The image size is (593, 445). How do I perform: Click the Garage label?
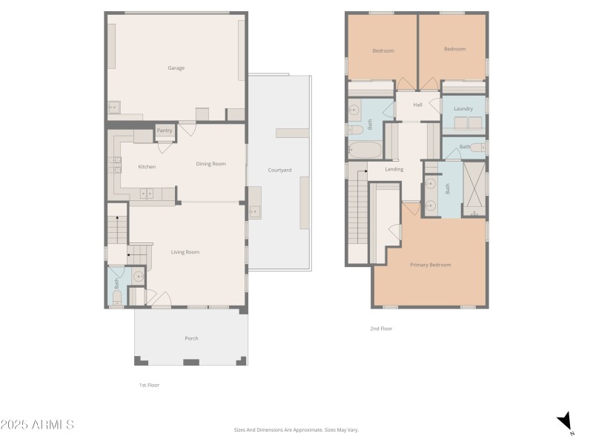[x=176, y=68]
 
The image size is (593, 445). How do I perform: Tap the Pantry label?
[x=164, y=131]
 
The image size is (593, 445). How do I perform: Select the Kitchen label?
[x=147, y=167]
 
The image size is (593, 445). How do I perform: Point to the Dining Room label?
[x=211, y=164]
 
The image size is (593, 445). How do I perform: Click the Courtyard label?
[x=279, y=171]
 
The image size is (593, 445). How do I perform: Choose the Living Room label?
[x=185, y=252]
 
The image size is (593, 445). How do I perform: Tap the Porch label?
[x=191, y=338]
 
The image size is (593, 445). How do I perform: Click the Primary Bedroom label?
[x=430, y=265]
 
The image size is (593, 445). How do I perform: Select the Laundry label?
[x=463, y=110]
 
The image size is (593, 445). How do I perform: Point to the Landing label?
[x=394, y=170]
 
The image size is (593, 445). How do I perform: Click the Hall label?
[x=417, y=105]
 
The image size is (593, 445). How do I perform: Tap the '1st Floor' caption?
[x=149, y=385]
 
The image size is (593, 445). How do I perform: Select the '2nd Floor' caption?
[x=381, y=329]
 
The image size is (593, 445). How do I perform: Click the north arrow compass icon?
[x=566, y=422]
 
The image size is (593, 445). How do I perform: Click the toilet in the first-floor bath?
[x=116, y=298]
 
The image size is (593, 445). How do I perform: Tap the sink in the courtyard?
[x=254, y=211]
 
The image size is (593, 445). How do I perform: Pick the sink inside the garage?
[x=113, y=108]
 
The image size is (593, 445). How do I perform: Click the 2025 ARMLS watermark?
[x=37, y=425]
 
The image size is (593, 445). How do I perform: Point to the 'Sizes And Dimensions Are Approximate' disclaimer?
[x=296, y=429]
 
